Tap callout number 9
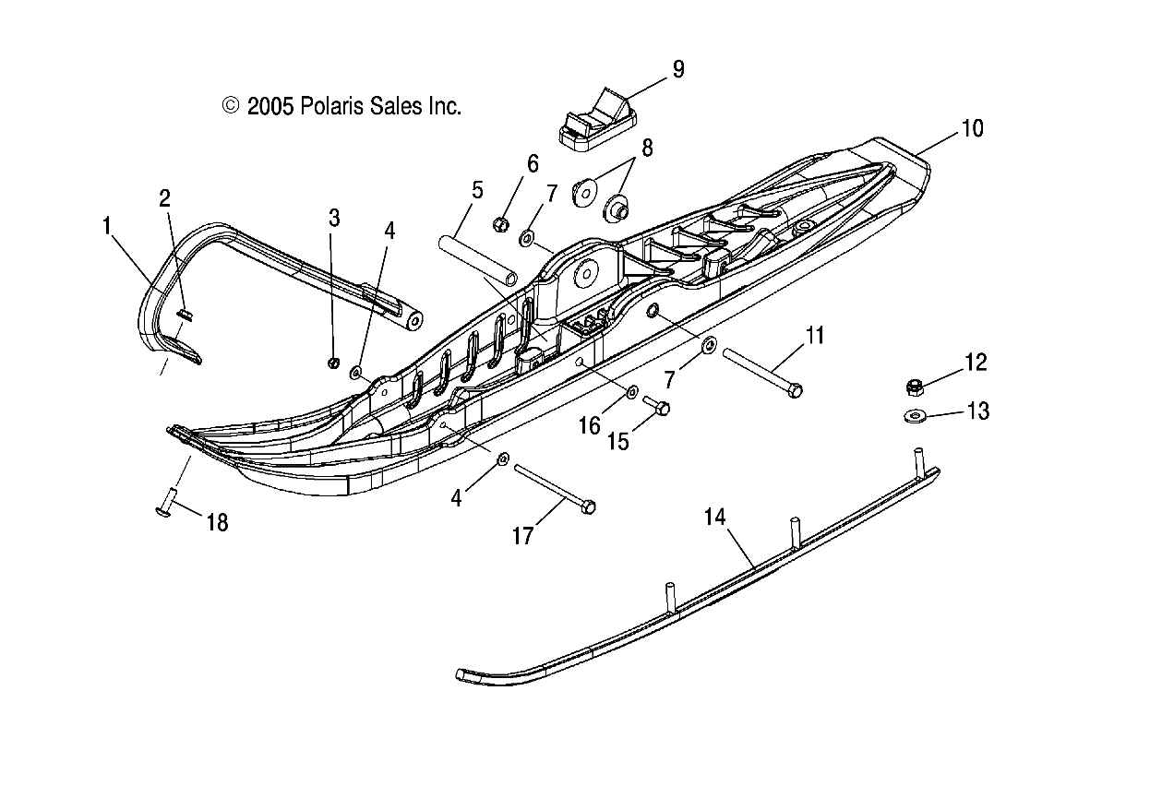click(678, 69)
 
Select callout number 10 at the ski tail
click(973, 128)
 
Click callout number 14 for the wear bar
click(715, 517)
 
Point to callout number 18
click(216, 522)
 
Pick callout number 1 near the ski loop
click(107, 224)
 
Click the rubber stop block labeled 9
click(595, 118)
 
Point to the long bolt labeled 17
click(553, 488)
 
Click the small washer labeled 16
click(632, 392)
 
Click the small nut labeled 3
click(334, 362)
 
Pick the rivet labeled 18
click(165, 506)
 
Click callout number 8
click(647, 148)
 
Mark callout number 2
click(164, 197)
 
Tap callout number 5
click(476, 191)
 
